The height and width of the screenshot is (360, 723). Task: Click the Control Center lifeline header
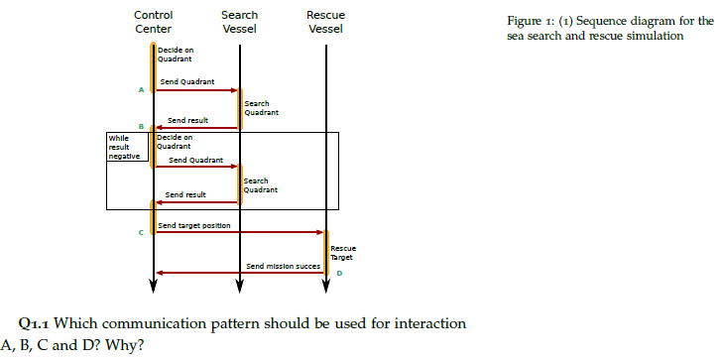click(153, 22)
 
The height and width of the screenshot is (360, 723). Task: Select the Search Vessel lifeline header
click(239, 22)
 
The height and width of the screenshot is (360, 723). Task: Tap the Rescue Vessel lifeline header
click(325, 22)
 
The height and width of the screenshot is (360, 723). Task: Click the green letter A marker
click(141, 90)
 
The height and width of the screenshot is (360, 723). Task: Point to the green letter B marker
click(141, 127)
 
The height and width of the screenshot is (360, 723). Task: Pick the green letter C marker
click(141, 232)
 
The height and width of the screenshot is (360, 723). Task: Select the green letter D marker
click(338, 275)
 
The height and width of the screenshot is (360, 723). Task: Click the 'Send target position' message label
click(194, 225)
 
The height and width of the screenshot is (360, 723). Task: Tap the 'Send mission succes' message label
click(284, 267)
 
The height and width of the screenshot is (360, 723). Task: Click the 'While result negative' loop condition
click(126, 146)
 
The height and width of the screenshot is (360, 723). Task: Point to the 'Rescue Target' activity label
click(342, 252)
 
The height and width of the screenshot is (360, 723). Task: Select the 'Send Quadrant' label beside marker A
click(187, 80)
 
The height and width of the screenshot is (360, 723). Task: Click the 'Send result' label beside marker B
click(186, 119)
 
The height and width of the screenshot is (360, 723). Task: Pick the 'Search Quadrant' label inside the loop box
click(256, 184)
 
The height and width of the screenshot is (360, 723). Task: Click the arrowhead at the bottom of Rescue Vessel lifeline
click(326, 288)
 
